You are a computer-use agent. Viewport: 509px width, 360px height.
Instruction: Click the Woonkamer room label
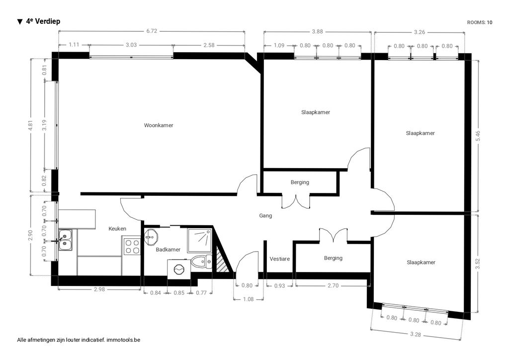tap(159, 125)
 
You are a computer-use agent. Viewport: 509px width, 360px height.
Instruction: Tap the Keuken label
tap(117, 229)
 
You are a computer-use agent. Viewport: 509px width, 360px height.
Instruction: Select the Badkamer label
tap(168, 249)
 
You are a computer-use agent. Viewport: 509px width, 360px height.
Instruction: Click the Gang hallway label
tap(265, 215)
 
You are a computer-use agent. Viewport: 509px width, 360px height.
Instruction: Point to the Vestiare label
tap(279, 259)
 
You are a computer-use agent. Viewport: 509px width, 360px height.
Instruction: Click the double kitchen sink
tap(66, 240)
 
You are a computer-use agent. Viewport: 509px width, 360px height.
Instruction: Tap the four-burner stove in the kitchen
tap(132, 246)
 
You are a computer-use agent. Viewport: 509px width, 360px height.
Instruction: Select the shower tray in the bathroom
tap(199, 241)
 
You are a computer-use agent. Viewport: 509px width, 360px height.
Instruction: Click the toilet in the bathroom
tap(201, 262)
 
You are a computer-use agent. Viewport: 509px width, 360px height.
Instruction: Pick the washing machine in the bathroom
tap(178, 269)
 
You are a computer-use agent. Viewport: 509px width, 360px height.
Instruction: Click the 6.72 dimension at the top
tap(152, 31)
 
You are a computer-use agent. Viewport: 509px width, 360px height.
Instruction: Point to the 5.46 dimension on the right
tap(478, 136)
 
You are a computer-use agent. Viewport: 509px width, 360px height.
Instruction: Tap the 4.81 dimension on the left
tap(31, 125)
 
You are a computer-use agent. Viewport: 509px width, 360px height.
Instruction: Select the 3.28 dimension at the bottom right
tap(415, 334)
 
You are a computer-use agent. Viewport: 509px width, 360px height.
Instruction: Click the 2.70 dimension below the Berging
tap(333, 285)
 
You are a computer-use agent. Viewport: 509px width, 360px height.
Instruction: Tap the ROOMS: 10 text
tap(480, 22)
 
